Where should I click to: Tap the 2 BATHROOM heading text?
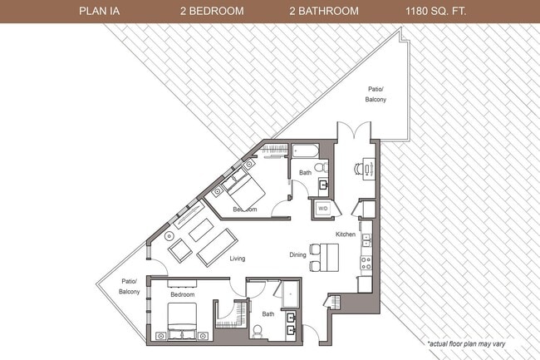tap(324, 12)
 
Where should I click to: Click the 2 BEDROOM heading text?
tap(213, 12)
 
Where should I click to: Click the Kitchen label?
tap(346, 235)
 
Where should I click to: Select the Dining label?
tap(298, 255)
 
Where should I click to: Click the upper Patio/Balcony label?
tap(376, 94)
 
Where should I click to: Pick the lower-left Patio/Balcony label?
tap(129, 287)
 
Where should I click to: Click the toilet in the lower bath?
tap(258, 331)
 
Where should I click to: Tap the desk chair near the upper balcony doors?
tap(358, 169)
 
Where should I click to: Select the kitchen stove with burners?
tap(365, 264)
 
